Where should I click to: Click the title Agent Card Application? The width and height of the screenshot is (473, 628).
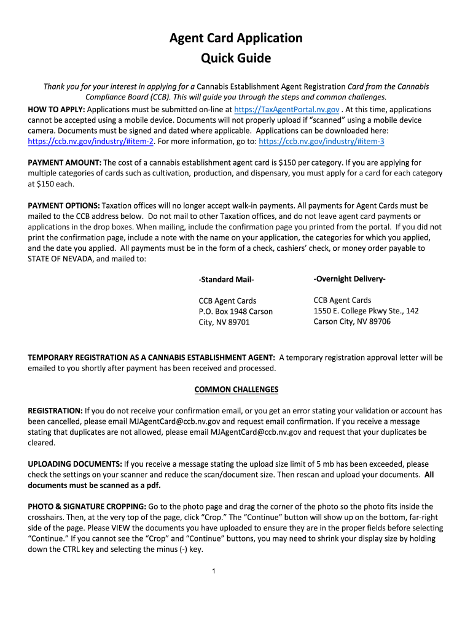tap(236, 38)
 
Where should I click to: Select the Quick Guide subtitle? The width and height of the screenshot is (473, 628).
tap(236, 59)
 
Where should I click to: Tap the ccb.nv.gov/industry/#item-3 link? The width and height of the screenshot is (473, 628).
tap(322, 141)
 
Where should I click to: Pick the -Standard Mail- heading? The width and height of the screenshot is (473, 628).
tap(226, 280)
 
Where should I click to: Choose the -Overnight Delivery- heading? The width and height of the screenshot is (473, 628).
tap(350, 279)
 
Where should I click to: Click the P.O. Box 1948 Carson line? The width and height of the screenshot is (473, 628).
tap(235, 312)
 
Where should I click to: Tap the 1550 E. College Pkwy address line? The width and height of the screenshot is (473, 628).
tap(366, 311)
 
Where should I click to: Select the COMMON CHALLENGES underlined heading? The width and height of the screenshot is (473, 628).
tap(236, 389)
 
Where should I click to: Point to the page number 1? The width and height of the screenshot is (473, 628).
tap(213, 572)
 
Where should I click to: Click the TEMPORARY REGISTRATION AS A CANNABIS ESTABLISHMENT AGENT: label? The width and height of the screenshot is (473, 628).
tap(151, 358)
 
